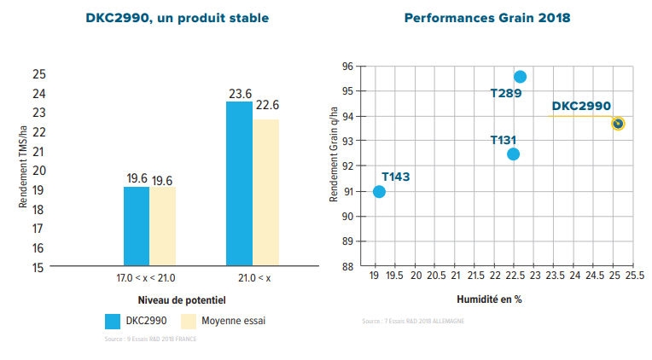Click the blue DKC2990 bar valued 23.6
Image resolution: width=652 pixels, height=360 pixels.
[x=239, y=183]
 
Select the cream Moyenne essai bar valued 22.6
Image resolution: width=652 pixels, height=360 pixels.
[x=265, y=193]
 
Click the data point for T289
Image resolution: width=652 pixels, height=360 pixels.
[x=520, y=77]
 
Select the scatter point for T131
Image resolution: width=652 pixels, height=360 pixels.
[x=513, y=154]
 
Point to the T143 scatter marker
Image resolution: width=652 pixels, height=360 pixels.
[x=380, y=191]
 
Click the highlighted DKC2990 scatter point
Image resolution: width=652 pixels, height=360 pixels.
[x=618, y=124]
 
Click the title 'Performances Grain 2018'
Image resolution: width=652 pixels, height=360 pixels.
[x=488, y=16]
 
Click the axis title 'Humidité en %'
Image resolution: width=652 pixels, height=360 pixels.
[x=488, y=300]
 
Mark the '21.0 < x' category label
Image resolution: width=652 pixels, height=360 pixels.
[x=253, y=279]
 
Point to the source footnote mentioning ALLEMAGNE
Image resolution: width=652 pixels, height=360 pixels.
[x=414, y=322]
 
